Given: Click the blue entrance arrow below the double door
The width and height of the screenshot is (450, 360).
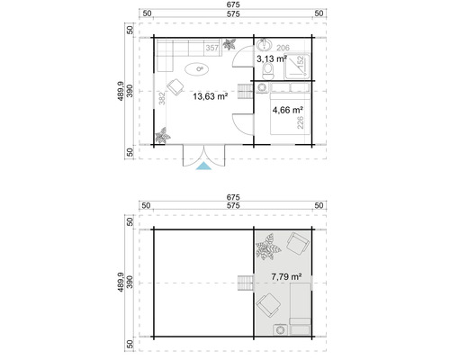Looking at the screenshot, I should tap(205, 165).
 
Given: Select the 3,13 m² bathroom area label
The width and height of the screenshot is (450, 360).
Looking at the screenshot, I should tap(271, 58).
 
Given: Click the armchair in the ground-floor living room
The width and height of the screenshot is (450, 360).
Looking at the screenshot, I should tap(175, 85).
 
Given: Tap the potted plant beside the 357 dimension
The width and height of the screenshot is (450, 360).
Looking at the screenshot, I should tap(232, 45).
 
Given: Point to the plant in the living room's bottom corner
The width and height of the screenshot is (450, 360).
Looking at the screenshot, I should tap(163, 137).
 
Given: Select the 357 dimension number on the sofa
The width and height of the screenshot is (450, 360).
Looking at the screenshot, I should tap(211, 47).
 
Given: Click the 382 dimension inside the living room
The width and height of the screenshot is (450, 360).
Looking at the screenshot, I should tap(161, 101).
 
